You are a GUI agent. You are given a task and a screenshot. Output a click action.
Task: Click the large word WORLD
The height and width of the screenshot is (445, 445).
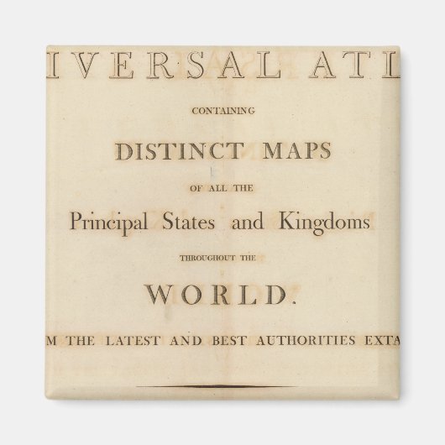pos(221,295)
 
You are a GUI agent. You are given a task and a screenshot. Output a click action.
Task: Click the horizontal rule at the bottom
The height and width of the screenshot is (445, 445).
pos(221,385)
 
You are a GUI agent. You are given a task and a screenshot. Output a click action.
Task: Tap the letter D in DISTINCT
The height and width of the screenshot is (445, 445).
pos(124,151)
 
